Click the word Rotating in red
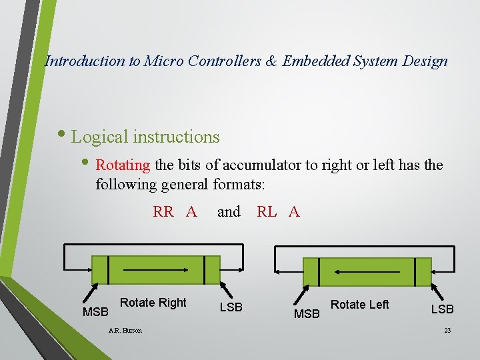point(123,165)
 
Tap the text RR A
point(175,212)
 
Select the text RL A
point(278,212)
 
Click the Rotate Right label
point(153,303)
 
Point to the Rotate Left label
point(359,305)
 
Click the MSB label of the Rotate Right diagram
point(95,312)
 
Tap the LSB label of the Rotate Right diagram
point(231,307)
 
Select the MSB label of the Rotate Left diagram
point(307,313)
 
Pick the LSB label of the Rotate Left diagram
point(442,309)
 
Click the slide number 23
point(447,331)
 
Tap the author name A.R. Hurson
point(125,330)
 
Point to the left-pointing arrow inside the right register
point(366,271)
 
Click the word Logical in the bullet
point(100,137)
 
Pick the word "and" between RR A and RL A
point(229,212)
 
